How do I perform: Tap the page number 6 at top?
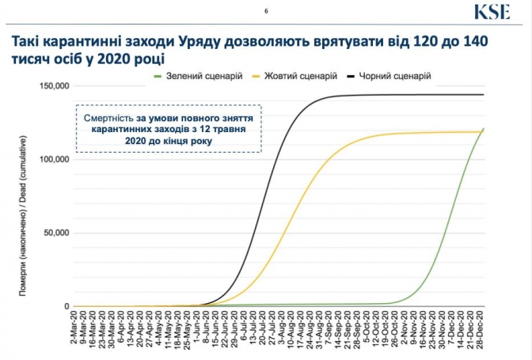click(266, 11)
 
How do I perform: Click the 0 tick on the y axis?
click(66, 307)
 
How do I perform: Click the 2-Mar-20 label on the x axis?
click(77, 332)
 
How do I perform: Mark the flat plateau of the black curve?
click(412, 95)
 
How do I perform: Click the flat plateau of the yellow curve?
click(427, 133)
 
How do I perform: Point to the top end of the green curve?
click(483, 129)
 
